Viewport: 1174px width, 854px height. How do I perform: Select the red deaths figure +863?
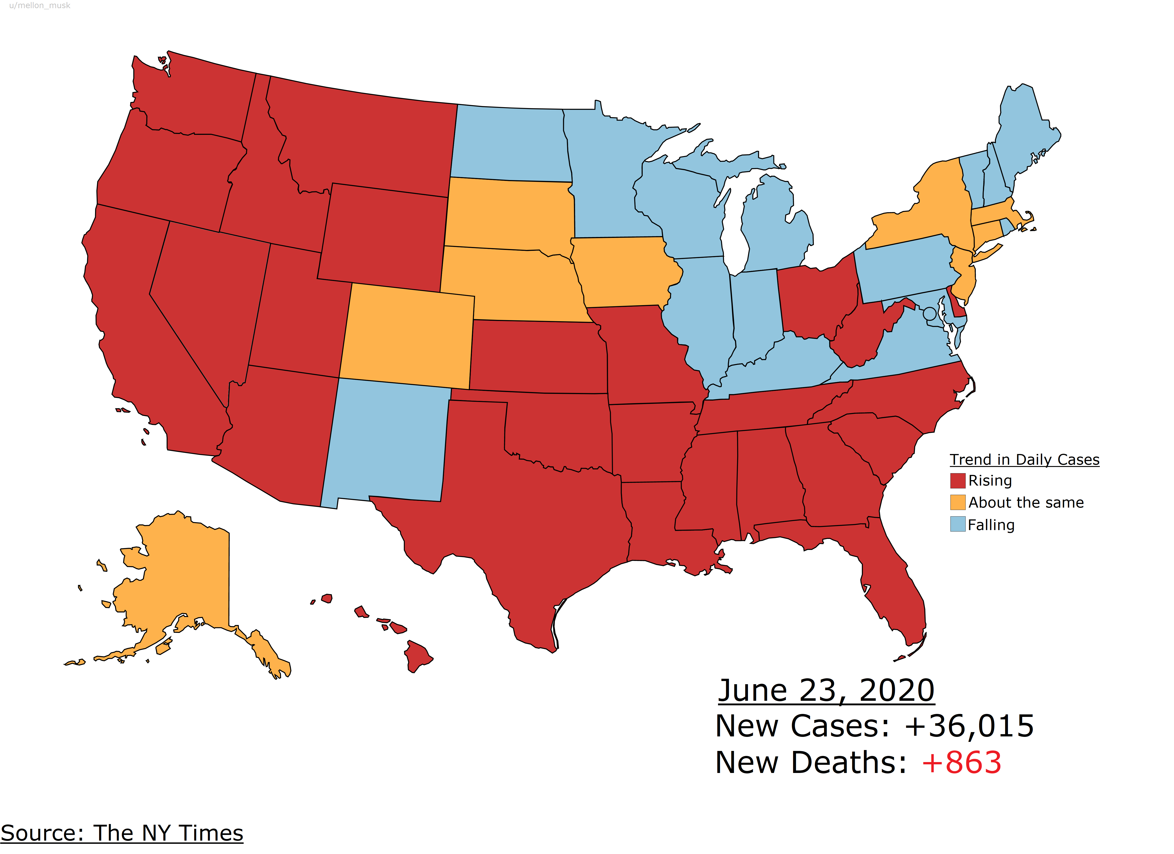961,762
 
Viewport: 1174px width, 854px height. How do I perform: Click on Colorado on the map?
409,337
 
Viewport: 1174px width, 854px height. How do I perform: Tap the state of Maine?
1022,135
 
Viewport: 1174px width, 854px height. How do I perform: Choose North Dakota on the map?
510,142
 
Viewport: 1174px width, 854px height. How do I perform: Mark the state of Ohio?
815,298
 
